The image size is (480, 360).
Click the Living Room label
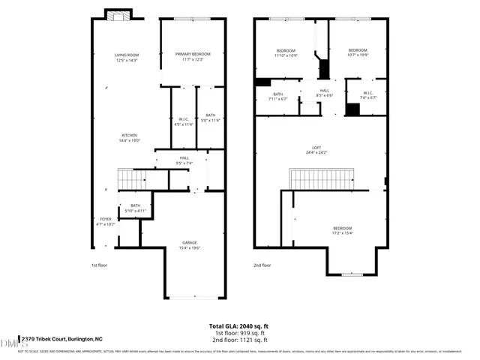126,56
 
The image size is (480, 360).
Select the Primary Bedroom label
193,56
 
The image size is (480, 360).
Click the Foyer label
105,220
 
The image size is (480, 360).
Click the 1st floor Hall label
184,160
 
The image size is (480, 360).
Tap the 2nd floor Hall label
325,93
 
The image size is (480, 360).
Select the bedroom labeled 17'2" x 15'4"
342,230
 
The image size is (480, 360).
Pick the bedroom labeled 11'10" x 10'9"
286,52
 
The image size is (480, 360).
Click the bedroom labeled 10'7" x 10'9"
358,52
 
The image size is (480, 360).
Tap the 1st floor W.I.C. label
184,121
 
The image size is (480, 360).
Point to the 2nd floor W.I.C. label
367,95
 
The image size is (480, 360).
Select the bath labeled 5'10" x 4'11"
136,208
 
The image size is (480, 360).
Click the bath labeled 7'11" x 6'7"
277,96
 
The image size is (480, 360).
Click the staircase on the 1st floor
133,180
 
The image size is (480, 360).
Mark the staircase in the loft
320,179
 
